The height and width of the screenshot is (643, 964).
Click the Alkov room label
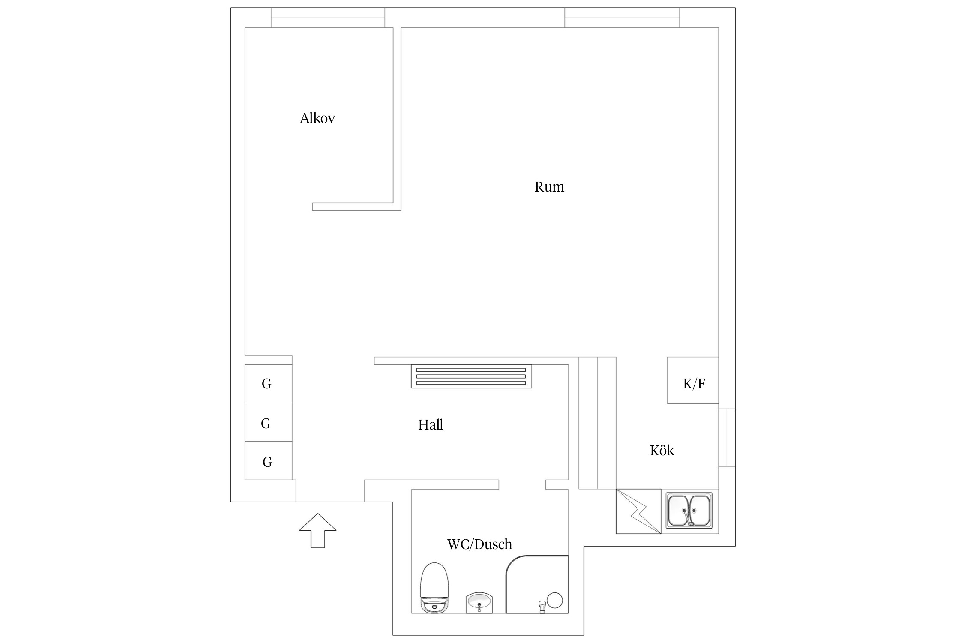[317, 118]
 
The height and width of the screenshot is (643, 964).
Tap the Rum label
[549, 187]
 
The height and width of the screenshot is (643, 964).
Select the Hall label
[431, 424]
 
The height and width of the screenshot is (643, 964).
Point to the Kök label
[662, 450]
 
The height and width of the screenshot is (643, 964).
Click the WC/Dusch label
[479, 544]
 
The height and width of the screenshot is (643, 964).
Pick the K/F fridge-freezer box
[693, 380]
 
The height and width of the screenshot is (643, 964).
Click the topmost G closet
[269, 384]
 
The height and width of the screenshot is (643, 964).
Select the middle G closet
[269, 422]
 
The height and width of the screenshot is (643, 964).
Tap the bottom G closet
[269, 460]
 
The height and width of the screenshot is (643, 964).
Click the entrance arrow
[317, 530]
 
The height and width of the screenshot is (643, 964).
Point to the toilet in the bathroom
[434, 588]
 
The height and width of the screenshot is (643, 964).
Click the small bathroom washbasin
[479, 604]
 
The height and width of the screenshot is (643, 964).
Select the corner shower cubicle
[537, 584]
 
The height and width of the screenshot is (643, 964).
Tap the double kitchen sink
[689, 510]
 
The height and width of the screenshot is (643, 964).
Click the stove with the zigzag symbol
[638, 511]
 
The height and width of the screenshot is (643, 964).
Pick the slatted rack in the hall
[471, 376]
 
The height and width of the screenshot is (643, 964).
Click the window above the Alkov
[328, 18]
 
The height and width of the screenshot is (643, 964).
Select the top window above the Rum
[622, 18]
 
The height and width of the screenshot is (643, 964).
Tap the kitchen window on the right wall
[727, 437]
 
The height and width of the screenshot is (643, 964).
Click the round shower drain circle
[554, 600]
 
